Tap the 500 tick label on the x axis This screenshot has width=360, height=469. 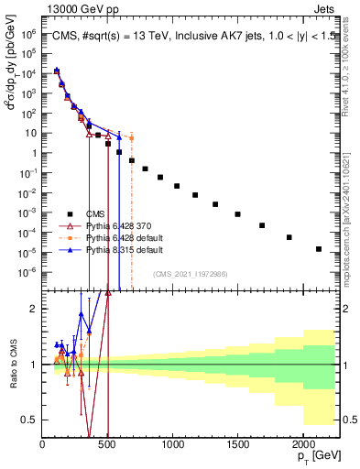(x=107, y=443)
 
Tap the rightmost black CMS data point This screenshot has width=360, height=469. (x=319, y=249)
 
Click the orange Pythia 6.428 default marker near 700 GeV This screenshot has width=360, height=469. (x=132, y=138)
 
